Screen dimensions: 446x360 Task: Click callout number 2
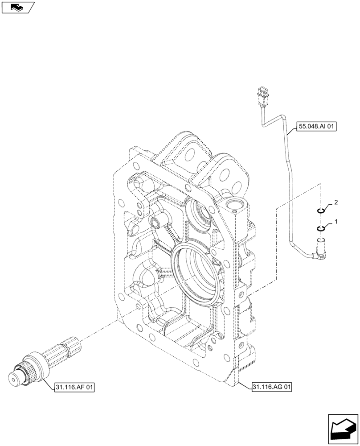tap(335, 202)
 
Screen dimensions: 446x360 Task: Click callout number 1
tap(335, 221)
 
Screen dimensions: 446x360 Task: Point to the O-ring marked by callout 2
tap(320, 211)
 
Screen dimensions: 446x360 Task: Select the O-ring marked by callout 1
tap(320, 229)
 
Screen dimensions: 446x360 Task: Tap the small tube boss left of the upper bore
tap(156, 222)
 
